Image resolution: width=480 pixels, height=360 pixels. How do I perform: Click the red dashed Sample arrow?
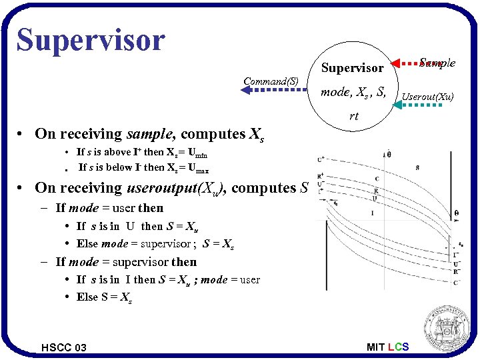(403, 65)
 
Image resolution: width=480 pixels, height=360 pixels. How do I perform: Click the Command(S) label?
(271, 81)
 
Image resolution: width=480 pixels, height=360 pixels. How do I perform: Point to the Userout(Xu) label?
(427, 97)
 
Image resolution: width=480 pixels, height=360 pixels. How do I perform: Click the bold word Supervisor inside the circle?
(352, 68)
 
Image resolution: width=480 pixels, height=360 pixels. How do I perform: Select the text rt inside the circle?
(353, 116)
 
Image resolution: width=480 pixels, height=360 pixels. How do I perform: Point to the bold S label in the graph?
(417, 167)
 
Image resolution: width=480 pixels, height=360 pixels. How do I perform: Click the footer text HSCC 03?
(63, 347)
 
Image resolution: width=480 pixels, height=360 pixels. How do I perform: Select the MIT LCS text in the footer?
(387, 347)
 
